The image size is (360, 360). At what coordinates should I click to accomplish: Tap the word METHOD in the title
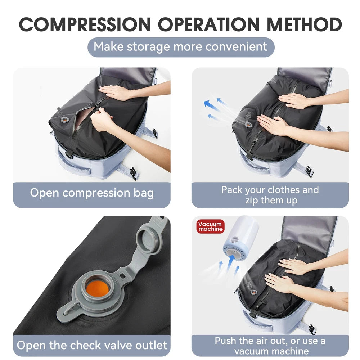pyautogui.click(x=304, y=24)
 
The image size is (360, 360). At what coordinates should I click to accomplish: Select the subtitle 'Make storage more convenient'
pyautogui.click(x=181, y=47)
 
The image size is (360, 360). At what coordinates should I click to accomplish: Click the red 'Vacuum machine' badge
pyautogui.click(x=211, y=226)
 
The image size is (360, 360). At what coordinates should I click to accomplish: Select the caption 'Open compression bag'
pyautogui.click(x=92, y=193)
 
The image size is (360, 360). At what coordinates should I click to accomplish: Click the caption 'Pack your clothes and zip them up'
pyautogui.click(x=270, y=195)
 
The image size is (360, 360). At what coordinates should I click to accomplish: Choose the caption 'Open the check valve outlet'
pyautogui.click(x=92, y=346)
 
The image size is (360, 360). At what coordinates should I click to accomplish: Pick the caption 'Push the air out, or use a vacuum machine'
pyautogui.click(x=270, y=346)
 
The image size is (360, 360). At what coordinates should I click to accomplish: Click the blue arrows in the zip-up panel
pyautogui.click(x=215, y=109)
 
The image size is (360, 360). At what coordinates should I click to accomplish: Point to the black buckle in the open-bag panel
pyautogui.click(x=133, y=173)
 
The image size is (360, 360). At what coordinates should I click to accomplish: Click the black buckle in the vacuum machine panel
pyautogui.click(x=310, y=329)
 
